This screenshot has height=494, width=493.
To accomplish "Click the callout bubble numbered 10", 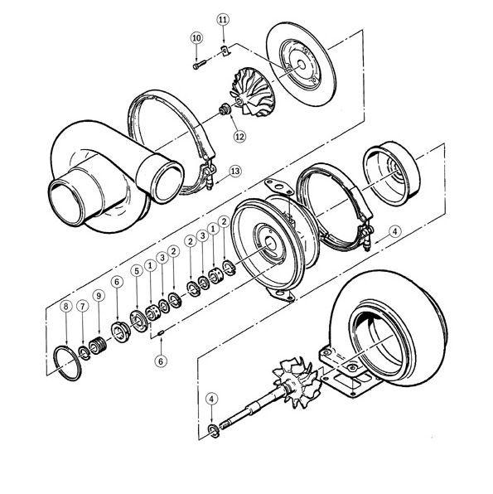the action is [x=196, y=38].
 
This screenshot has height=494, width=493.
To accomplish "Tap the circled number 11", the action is [x=223, y=20].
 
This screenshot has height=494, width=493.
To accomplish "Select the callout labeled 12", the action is [x=239, y=137].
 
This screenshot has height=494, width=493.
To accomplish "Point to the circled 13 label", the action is [x=235, y=172].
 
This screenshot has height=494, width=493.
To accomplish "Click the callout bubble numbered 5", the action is [x=137, y=271].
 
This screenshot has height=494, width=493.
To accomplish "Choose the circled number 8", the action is [x=65, y=307].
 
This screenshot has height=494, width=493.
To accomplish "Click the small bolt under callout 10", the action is [x=199, y=64].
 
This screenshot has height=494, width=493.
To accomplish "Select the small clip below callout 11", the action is [x=225, y=51].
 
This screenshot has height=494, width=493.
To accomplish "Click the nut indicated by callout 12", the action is [x=225, y=110].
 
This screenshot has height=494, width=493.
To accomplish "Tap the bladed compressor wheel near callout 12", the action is [x=254, y=92].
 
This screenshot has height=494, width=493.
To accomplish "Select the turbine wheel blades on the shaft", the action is [x=296, y=382].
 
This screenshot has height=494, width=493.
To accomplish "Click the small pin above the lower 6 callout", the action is [x=161, y=332].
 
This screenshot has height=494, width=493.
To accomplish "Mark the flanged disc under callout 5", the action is [x=138, y=322].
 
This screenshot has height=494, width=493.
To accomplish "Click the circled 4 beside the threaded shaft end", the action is [x=211, y=400].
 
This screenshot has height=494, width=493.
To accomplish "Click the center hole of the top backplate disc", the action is [x=302, y=65].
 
